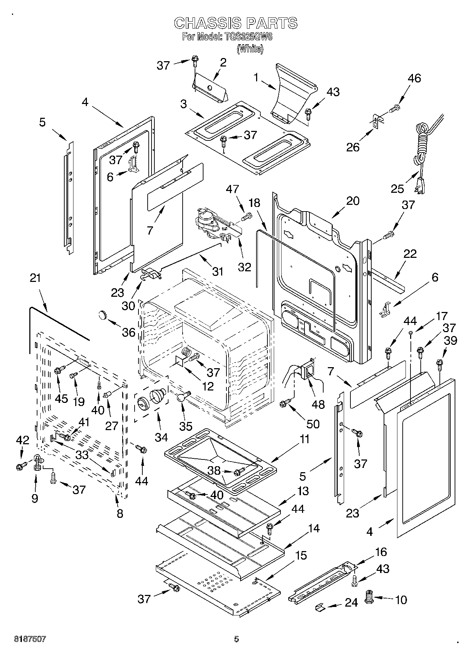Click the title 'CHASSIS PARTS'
coord(236,23)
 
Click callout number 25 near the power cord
coord(397,189)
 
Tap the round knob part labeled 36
coord(103,314)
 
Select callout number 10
coord(401,600)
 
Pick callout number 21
coord(35,278)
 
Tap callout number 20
coord(353,201)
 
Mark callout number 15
coord(301,555)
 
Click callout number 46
coord(414,78)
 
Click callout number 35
coord(186,426)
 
